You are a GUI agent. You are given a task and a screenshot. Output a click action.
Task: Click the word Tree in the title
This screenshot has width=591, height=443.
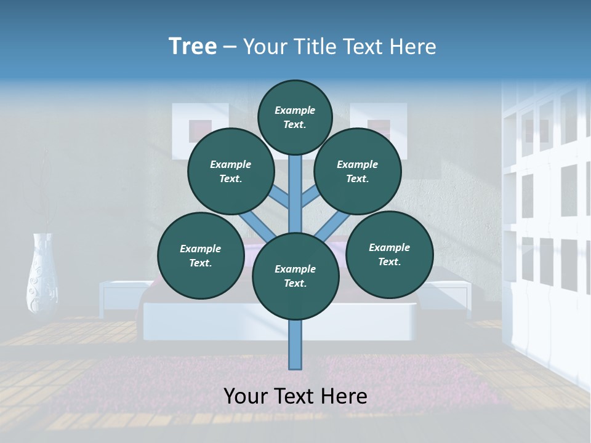point(193,47)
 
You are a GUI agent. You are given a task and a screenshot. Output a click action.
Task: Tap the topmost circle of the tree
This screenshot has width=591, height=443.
point(295,117)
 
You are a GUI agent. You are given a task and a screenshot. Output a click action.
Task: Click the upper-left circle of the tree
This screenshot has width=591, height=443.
point(231,171)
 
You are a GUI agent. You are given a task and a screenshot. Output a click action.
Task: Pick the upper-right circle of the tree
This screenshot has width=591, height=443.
point(358,171)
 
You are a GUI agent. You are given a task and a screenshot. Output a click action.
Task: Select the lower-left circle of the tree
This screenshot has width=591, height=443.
point(201,255)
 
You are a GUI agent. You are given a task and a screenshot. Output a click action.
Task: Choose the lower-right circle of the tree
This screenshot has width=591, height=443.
point(390,254)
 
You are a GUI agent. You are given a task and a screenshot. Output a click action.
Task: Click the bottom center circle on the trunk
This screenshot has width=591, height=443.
point(295,276)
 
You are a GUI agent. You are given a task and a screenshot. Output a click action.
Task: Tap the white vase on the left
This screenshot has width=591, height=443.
point(42,274)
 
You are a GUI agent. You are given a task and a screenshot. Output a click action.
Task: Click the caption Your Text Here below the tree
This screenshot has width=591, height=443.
point(295,396)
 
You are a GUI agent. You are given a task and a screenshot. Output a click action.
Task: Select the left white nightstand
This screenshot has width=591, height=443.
point(121,295)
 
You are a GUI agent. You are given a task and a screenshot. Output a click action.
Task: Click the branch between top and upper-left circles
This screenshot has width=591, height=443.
point(280,197)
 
